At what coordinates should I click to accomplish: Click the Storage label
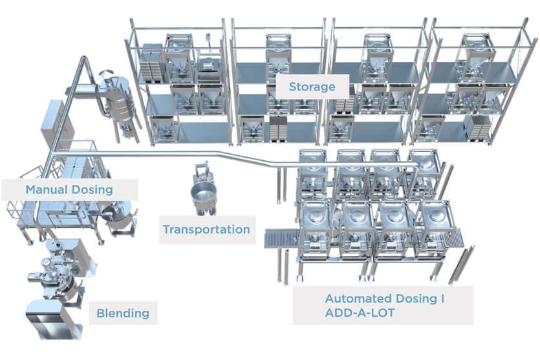pos(312,87)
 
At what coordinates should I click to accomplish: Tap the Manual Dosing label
pos(69,189)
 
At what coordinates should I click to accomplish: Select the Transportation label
pos(207,229)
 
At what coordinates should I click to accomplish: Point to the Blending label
pos(123,313)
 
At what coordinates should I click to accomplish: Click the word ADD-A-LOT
pos(360,313)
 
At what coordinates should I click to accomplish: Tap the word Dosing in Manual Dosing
pos(92,189)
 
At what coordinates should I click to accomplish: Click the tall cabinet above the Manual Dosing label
pos(55,120)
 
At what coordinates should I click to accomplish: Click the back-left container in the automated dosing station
pos(313,173)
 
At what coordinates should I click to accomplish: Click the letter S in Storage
pos(293,87)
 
